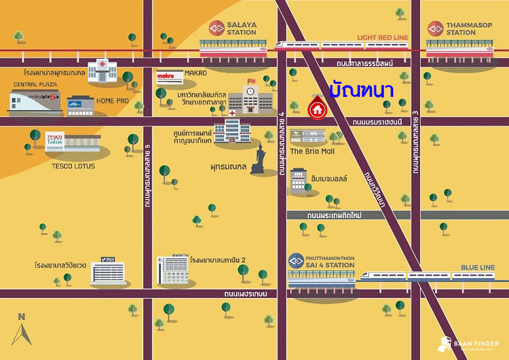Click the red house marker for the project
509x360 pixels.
(317, 106)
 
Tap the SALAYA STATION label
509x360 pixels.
(242, 28)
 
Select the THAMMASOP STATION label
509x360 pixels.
(461, 28)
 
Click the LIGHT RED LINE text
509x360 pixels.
(383, 38)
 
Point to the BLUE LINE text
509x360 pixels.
(478, 268)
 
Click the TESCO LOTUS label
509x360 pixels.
(73, 166)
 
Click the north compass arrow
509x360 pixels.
(22, 333)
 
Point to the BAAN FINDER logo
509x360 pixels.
(468, 343)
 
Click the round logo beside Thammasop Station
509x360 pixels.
(436, 28)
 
